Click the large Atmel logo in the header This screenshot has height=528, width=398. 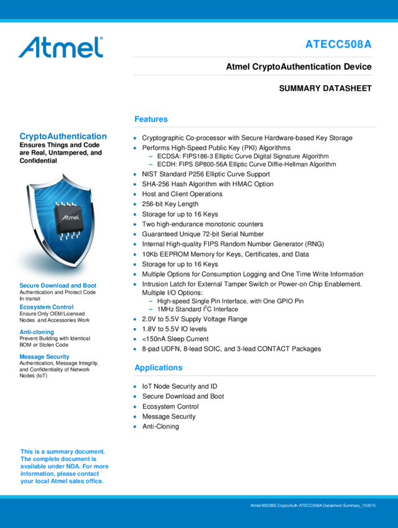pyautogui.click(x=60, y=47)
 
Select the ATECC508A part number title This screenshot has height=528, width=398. pyautogui.click(x=338, y=45)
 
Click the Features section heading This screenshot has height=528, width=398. pyautogui.click(x=151, y=119)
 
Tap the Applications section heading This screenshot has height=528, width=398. pyautogui.click(x=159, y=368)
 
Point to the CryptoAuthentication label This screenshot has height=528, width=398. pyautogui.click(x=63, y=136)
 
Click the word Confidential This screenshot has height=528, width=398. pyautogui.click(x=39, y=160)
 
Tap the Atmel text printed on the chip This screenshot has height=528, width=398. pyautogui.click(x=70, y=218)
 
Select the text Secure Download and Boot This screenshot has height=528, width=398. pyautogui.click(x=58, y=286)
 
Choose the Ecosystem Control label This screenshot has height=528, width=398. pyautogui.click(x=47, y=307)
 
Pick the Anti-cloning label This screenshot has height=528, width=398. pyautogui.click(x=37, y=332)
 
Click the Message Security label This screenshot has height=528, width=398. pyautogui.click(x=45, y=357)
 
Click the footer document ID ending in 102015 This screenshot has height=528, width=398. pyautogui.click(x=313, y=506)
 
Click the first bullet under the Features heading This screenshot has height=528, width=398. pyautogui.click(x=135, y=139)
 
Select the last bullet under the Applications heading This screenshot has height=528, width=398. pyautogui.click(x=135, y=427)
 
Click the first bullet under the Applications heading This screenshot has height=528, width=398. pyautogui.click(x=135, y=386)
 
